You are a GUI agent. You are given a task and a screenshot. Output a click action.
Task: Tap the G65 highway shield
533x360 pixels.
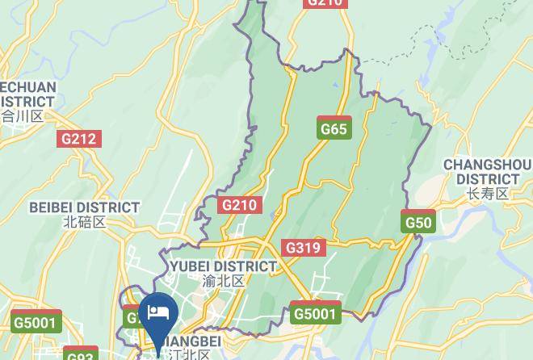333,129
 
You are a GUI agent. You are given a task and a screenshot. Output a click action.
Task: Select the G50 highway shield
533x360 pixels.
418,222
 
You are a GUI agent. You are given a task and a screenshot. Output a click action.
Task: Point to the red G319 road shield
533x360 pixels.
303,248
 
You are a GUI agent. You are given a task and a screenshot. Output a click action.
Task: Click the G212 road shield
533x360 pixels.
78,139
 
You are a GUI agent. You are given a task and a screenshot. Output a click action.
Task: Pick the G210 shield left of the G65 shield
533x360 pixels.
239,205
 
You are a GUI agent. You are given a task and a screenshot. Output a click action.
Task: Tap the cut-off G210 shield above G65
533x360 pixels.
325,3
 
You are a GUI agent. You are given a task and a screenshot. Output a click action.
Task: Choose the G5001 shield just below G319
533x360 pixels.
315,313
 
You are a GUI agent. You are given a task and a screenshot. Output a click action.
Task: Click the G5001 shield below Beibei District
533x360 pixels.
37,322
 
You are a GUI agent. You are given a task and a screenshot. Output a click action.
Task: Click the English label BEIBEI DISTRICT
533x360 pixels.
84,207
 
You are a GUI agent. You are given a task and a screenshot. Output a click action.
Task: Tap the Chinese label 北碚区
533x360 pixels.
84,222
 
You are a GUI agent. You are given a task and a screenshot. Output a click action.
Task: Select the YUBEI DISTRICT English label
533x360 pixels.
223,266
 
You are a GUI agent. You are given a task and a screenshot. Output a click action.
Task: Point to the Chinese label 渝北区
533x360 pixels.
223,281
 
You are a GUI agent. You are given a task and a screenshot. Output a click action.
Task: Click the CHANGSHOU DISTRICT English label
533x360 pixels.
487,172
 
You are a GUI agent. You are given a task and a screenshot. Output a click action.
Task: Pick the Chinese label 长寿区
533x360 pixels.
488,194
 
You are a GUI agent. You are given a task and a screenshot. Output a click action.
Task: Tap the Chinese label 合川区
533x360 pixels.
22,116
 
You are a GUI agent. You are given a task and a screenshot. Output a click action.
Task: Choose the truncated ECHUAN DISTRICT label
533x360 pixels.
27,94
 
